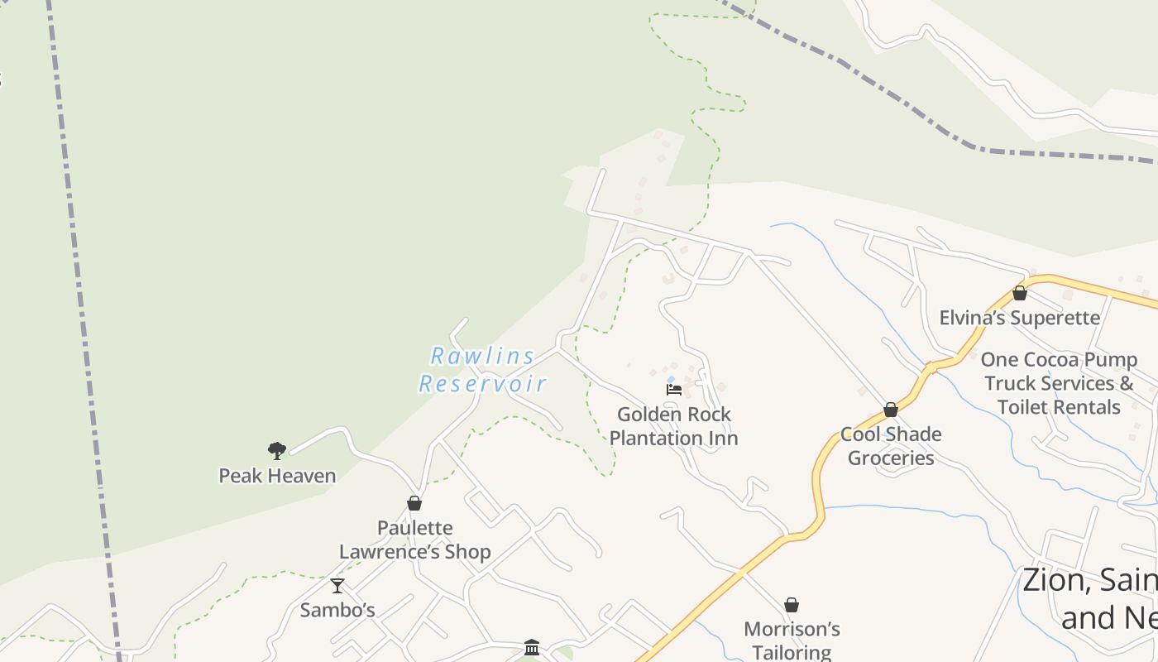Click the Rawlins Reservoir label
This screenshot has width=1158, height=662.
(x=482, y=370)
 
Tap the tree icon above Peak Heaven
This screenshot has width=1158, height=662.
(x=277, y=451)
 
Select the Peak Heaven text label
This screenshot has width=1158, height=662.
(x=277, y=476)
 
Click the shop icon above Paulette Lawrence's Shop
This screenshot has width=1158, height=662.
(x=414, y=503)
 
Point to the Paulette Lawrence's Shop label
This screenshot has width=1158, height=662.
(x=415, y=540)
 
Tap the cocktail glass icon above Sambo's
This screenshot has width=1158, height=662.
(x=337, y=586)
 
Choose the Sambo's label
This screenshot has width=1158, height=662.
(x=337, y=611)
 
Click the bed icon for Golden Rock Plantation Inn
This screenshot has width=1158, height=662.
(x=674, y=389)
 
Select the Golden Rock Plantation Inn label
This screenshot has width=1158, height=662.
(x=674, y=426)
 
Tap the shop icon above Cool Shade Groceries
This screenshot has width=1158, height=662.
(x=891, y=410)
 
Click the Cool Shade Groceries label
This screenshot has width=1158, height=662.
(x=891, y=446)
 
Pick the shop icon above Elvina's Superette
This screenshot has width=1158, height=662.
(x=1020, y=293)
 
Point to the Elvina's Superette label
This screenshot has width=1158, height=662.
(x=1020, y=318)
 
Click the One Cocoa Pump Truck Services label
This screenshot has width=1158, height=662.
(x=1059, y=383)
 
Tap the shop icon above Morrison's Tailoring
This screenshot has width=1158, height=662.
(x=792, y=605)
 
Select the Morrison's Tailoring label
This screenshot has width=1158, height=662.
(x=792, y=641)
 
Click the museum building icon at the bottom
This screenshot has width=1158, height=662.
(x=532, y=646)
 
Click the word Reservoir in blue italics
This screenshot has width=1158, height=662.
(x=482, y=384)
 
